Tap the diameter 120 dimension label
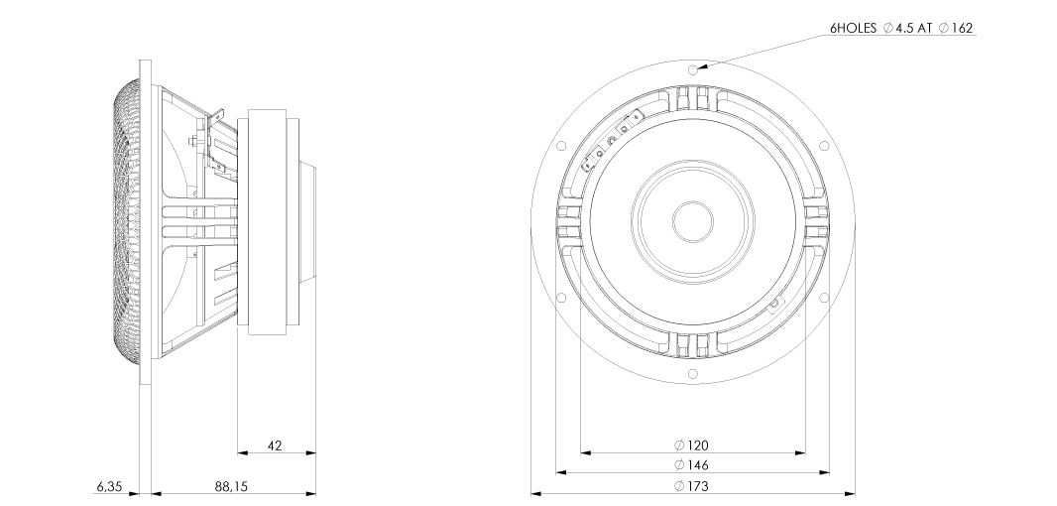(692, 445)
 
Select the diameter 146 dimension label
(692, 465)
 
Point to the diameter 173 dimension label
(692, 486)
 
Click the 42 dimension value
(275, 445)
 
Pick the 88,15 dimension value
(231, 486)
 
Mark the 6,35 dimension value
(109, 486)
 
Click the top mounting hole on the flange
(692, 69)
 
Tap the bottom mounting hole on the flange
(692, 374)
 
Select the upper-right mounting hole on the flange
(824, 146)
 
